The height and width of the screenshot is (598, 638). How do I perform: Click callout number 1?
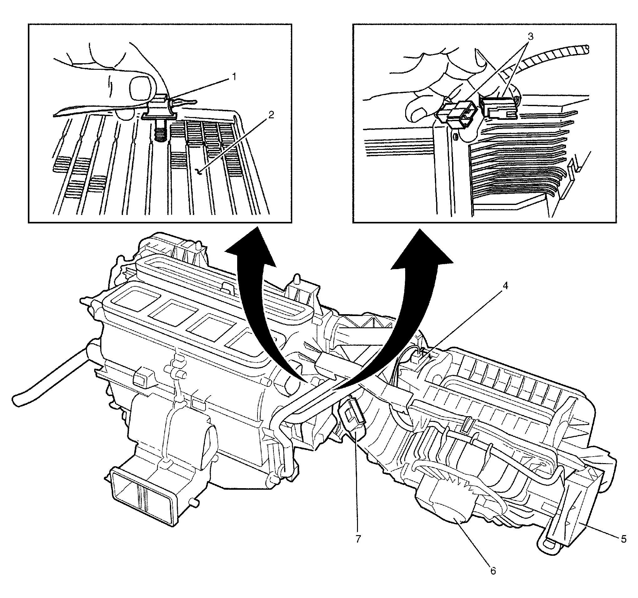(x=234, y=77)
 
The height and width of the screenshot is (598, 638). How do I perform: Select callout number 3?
(x=530, y=37)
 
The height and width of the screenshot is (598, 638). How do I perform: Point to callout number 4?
(x=505, y=286)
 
